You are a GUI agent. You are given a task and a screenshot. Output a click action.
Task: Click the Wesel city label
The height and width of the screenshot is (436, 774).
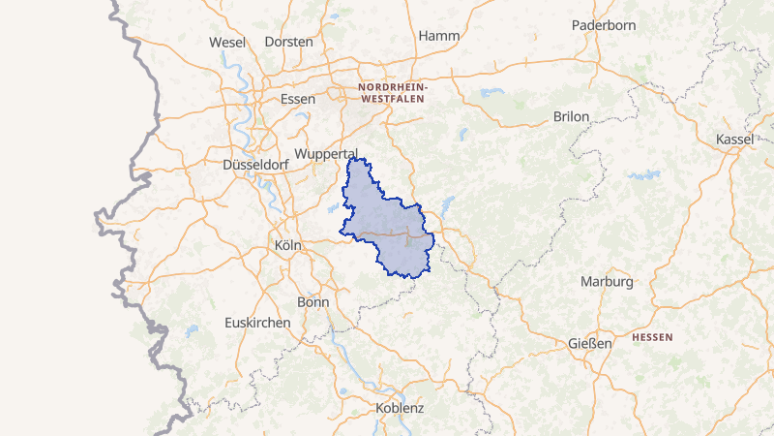[227, 42]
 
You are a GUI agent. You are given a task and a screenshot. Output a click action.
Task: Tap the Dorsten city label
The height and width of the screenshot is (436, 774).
[288, 42]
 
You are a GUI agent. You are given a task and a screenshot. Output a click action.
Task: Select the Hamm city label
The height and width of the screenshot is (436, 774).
[437, 36]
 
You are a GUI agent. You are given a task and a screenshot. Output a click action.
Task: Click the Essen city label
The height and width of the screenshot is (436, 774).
[297, 99]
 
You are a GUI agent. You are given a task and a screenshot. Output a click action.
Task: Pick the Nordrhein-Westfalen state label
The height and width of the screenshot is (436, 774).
[391, 93]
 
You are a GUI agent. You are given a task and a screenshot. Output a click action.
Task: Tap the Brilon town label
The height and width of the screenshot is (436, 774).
[571, 116]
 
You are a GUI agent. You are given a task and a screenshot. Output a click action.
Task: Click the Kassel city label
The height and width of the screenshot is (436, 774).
[734, 140]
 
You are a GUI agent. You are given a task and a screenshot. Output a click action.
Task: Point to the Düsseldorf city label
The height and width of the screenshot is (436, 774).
[255, 165]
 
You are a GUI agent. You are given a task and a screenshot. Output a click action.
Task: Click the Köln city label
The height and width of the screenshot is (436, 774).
[287, 246]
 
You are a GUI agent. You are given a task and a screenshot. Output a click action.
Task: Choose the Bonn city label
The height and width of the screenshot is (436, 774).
[313, 302]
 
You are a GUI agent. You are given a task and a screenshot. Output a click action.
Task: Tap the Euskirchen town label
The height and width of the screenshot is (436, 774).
[257, 323]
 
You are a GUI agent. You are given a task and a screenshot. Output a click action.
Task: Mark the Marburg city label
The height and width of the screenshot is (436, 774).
[607, 282]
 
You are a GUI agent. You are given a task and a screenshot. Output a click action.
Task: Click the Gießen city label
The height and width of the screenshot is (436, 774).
[590, 344]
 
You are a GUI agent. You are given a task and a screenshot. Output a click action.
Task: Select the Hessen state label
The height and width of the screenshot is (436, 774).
[652, 337]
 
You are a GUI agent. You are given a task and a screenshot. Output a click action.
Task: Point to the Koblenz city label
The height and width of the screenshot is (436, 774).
[400, 408]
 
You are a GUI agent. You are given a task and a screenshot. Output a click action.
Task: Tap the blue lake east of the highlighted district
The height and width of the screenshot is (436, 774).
[448, 205]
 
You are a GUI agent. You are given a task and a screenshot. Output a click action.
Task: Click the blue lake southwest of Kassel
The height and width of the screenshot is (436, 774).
[640, 176]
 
